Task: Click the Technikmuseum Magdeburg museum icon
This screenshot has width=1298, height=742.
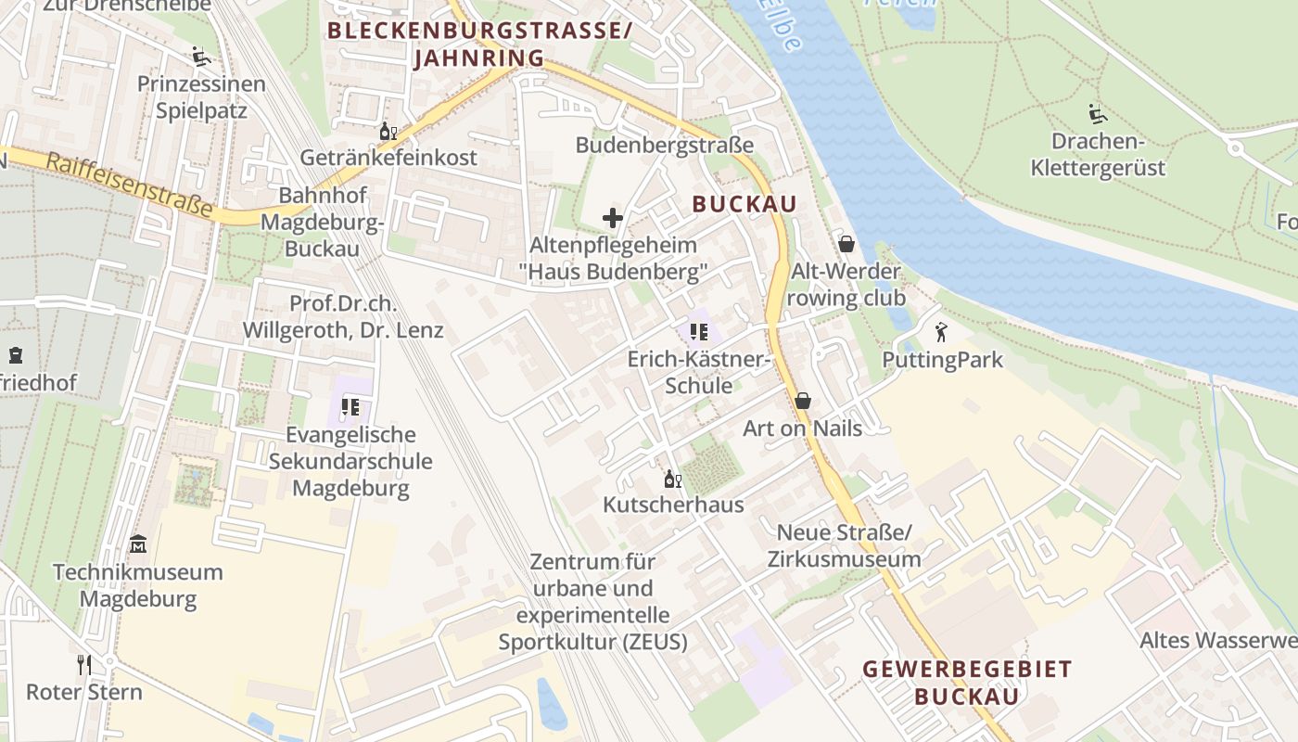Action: coord(138,543)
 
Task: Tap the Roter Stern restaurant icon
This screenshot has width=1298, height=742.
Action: coord(84,663)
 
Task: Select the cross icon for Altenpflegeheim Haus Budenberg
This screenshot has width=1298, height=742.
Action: coord(612,218)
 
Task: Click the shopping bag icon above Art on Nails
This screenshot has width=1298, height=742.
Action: coord(803,400)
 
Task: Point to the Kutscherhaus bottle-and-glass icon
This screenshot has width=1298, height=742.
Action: coord(673,479)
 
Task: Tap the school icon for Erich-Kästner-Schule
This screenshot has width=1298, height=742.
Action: coord(699,331)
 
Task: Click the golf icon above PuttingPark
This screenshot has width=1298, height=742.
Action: coord(942,331)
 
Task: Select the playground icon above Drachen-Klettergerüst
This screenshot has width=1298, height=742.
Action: coord(1098,114)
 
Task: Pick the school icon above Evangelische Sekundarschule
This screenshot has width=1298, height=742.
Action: coord(350,406)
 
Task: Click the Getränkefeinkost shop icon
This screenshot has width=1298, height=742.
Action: coord(388,131)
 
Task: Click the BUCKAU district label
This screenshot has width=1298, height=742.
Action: coord(744,205)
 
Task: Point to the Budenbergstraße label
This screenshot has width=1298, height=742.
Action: coord(664,146)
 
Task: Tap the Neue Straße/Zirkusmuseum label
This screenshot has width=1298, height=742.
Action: coord(844,545)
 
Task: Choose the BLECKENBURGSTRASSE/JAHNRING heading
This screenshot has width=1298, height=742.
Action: coord(479,44)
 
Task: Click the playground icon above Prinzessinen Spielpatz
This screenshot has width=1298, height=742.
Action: coord(200,57)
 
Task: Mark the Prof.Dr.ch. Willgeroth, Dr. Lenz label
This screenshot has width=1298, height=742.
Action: coord(343,317)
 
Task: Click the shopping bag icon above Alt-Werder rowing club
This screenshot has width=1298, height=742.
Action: coord(846,244)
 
